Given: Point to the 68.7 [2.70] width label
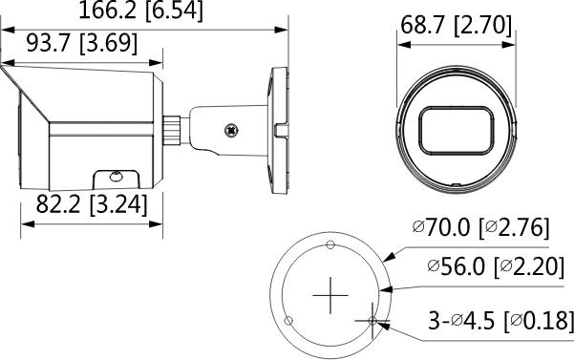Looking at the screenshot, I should pyautogui.click(x=454, y=25).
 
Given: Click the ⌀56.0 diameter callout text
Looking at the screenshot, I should pyautogui.click(x=457, y=268).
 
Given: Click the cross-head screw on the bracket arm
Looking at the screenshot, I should pyautogui.click(x=230, y=128).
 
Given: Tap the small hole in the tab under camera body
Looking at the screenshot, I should pyautogui.click(x=116, y=177).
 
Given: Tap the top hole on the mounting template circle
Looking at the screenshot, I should pyautogui.click(x=330, y=244).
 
